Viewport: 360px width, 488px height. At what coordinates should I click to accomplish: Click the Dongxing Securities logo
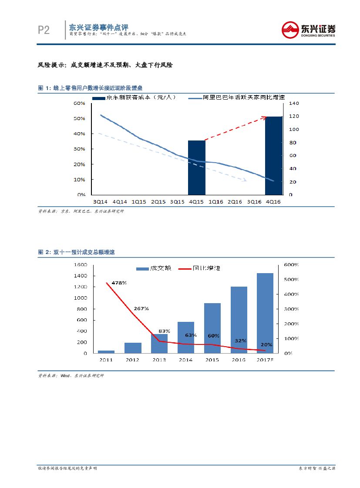coord(309,30)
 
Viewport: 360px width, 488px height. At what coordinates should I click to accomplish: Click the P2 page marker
coord(44,30)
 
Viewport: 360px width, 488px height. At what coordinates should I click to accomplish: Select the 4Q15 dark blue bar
coord(196,167)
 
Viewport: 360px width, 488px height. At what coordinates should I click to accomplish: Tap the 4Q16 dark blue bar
coord(274,155)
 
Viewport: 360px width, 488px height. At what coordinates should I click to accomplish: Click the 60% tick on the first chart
coord(79,104)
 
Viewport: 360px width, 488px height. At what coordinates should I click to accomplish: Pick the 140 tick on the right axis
coord(295,104)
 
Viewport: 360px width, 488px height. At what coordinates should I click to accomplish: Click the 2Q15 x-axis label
coord(158,201)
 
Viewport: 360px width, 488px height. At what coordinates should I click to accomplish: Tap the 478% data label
coord(119,283)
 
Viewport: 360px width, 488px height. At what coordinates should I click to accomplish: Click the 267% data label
coord(141,308)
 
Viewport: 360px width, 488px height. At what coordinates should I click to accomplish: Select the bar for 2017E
coord(265,313)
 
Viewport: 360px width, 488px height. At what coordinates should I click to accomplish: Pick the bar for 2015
coord(212,328)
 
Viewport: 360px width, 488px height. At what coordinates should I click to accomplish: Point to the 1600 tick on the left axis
coord(81,264)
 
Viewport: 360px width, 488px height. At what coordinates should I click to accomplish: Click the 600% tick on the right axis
coord(291,264)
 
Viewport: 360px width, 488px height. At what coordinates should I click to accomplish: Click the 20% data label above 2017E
coord(266,344)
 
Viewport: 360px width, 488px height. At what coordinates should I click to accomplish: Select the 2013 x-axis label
coord(159,360)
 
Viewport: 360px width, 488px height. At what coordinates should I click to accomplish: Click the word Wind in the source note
coord(65,375)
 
